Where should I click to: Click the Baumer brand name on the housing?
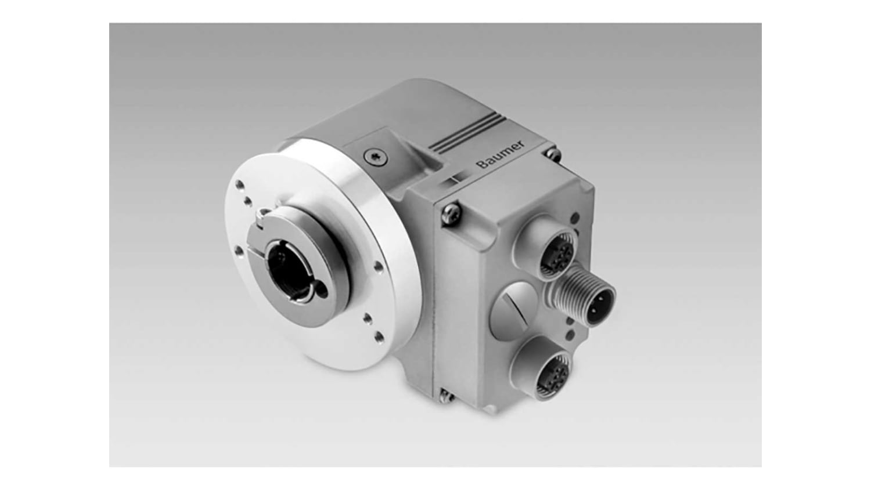tap(502, 154)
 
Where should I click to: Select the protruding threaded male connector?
tap(582, 297)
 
